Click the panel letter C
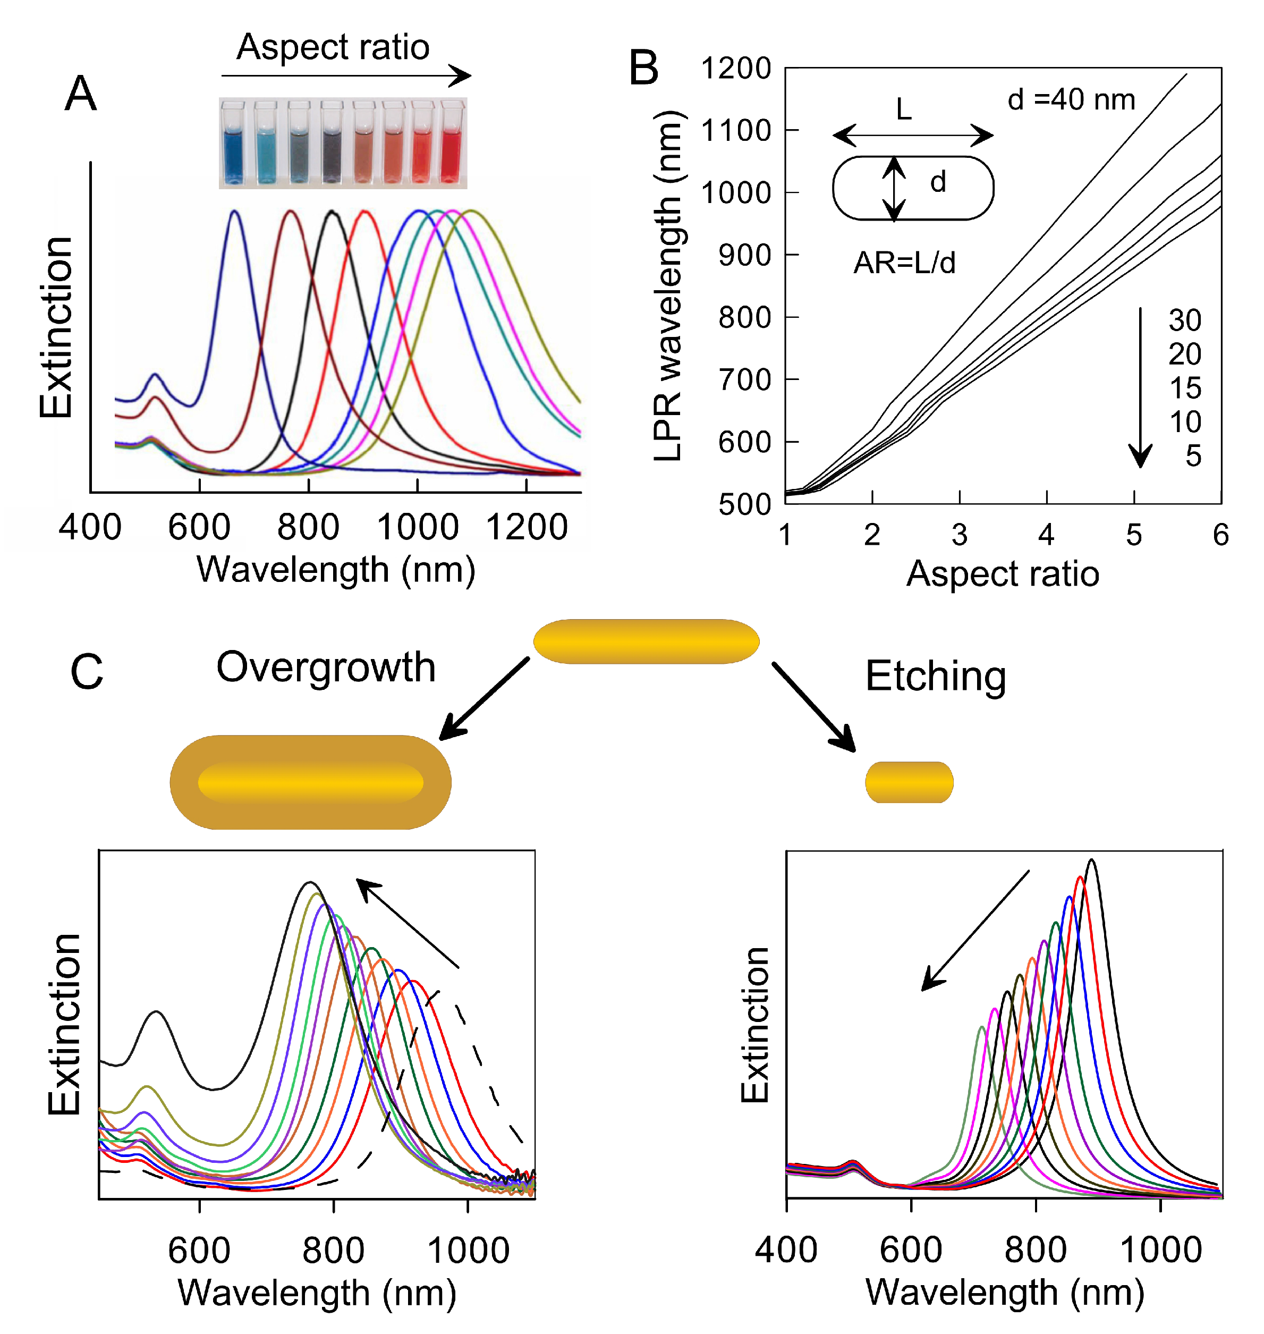point(87,672)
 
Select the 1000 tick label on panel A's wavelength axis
point(418,527)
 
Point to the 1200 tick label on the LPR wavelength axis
point(736,69)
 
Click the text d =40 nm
point(1071,100)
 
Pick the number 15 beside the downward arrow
point(1184,389)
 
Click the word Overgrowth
point(326,668)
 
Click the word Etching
point(936,676)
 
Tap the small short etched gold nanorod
point(909,782)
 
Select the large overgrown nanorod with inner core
point(311,782)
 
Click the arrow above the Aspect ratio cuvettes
point(346,76)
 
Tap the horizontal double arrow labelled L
point(912,136)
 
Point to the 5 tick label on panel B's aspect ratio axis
point(1134,535)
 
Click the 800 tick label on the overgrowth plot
point(334,1251)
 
